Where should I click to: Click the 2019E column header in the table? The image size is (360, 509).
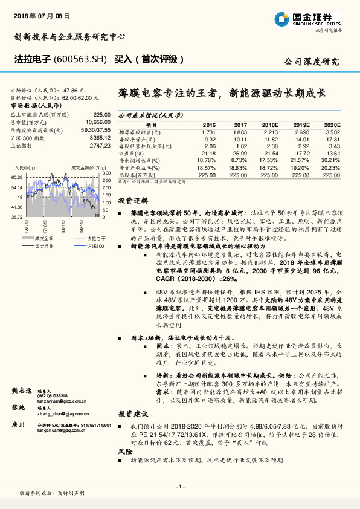(x=301, y=124)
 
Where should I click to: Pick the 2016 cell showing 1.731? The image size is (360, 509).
(x=208, y=131)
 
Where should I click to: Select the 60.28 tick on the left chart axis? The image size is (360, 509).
(x=17, y=177)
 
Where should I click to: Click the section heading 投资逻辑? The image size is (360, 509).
(x=132, y=200)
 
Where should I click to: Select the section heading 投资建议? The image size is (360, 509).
(x=132, y=414)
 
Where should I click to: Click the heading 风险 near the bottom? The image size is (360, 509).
(x=126, y=452)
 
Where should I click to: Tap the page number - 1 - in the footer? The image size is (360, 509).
(x=179, y=487)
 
